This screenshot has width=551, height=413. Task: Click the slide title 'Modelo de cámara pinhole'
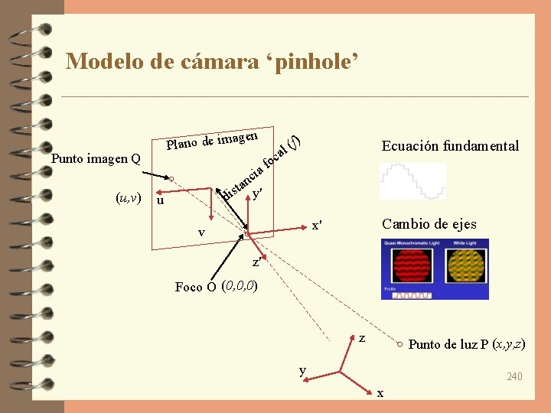(212, 60)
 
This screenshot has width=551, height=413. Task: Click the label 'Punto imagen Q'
(96, 159)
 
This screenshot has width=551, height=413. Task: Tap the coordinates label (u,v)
(127, 198)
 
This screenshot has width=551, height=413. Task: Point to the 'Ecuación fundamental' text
(450, 146)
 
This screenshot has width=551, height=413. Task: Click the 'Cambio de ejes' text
(429, 224)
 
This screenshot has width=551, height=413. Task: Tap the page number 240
(514, 376)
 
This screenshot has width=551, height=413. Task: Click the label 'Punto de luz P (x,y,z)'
(467, 344)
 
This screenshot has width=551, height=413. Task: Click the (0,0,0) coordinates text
(239, 287)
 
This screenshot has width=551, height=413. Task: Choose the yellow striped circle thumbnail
(466, 268)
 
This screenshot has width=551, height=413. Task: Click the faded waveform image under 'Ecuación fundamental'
(412, 182)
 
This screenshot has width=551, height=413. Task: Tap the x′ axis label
(316, 226)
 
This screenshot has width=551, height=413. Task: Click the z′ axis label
(257, 263)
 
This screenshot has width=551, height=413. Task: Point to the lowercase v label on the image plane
(201, 233)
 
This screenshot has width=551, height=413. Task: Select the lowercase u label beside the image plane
(159, 201)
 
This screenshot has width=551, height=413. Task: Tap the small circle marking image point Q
(173, 180)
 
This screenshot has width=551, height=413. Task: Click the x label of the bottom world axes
(380, 393)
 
